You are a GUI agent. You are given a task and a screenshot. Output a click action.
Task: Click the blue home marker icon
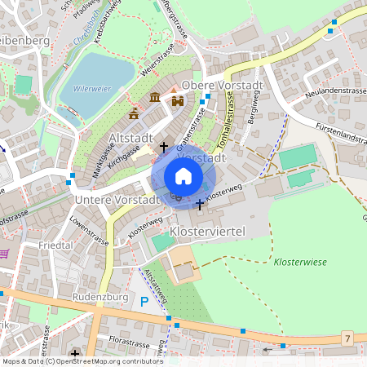[x=183, y=176]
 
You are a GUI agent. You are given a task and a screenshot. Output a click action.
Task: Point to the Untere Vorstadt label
[x=116, y=200]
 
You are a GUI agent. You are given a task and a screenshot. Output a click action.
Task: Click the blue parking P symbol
[x=144, y=302]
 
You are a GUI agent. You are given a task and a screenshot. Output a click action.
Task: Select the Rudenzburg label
[x=101, y=297]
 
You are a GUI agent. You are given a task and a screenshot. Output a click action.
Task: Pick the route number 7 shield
[x=347, y=338]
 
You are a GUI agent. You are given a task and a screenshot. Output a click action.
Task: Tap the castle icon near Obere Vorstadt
[x=177, y=100]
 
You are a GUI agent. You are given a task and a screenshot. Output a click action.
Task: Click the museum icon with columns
[x=155, y=99]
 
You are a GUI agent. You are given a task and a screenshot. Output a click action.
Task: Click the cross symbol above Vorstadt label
[x=164, y=147]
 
